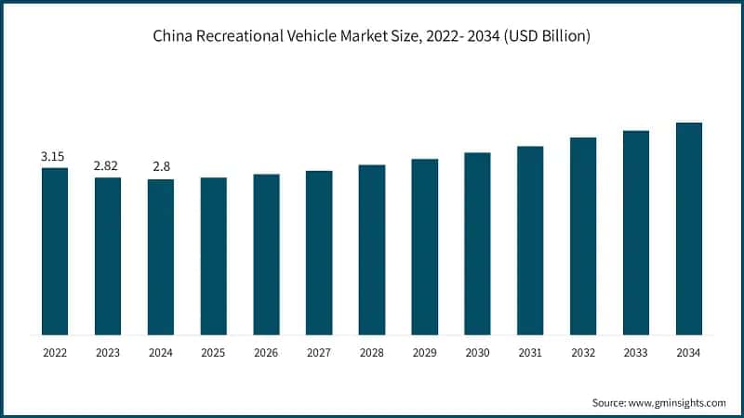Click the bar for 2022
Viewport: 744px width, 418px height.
click(x=55, y=251)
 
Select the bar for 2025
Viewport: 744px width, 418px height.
click(x=214, y=255)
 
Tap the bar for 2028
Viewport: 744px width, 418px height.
click(x=372, y=249)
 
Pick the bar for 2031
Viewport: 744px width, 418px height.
click(x=530, y=240)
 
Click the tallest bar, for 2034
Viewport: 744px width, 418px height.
click(x=688, y=228)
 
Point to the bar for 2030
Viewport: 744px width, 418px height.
click(x=477, y=243)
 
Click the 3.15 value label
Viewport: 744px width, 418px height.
click(x=54, y=156)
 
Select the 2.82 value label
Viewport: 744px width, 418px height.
click(x=107, y=165)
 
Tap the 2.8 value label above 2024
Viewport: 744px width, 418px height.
click(x=160, y=166)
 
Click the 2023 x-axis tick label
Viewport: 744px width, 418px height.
click(x=108, y=353)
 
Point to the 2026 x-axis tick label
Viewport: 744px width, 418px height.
click(x=266, y=353)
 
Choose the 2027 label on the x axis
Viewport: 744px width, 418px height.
click(x=319, y=353)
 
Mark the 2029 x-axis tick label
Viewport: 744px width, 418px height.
click(x=425, y=353)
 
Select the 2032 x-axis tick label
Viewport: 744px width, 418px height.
click(x=583, y=353)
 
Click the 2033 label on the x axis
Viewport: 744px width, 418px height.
click(x=636, y=353)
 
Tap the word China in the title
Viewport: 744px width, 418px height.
click(x=174, y=36)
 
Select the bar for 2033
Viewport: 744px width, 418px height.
click(x=636, y=232)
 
